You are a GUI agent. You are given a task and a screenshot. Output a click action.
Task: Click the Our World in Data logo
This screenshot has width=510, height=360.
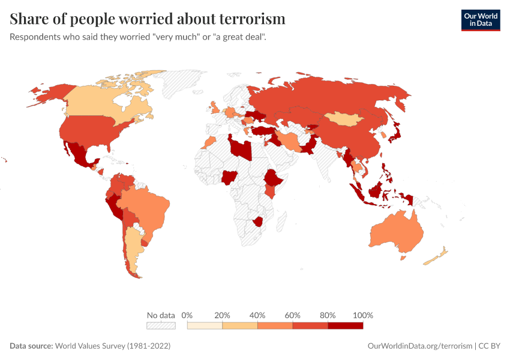(x=480, y=20)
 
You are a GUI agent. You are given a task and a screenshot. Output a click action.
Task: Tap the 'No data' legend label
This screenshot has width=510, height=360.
(x=161, y=315)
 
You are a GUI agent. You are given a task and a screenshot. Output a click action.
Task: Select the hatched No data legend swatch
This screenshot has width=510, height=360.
(x=161, y=325)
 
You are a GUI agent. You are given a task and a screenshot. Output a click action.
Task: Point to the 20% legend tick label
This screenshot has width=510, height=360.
(x=223, y=315)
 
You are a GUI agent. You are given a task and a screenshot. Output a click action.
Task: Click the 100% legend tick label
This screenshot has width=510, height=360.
(x=363, y=315)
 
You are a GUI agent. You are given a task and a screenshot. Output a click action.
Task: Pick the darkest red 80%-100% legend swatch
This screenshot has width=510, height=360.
(x=346, y=325)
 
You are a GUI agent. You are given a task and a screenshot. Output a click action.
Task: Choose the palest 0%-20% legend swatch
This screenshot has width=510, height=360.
(x=205, y=325)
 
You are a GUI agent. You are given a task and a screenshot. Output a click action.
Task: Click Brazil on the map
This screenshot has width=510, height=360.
(x=147, y=207)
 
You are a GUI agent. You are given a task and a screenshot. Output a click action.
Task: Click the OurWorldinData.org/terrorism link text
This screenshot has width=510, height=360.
(x=420, y=346)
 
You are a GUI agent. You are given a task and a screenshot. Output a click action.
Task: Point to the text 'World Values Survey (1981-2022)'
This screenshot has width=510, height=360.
(x=113, y=346)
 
